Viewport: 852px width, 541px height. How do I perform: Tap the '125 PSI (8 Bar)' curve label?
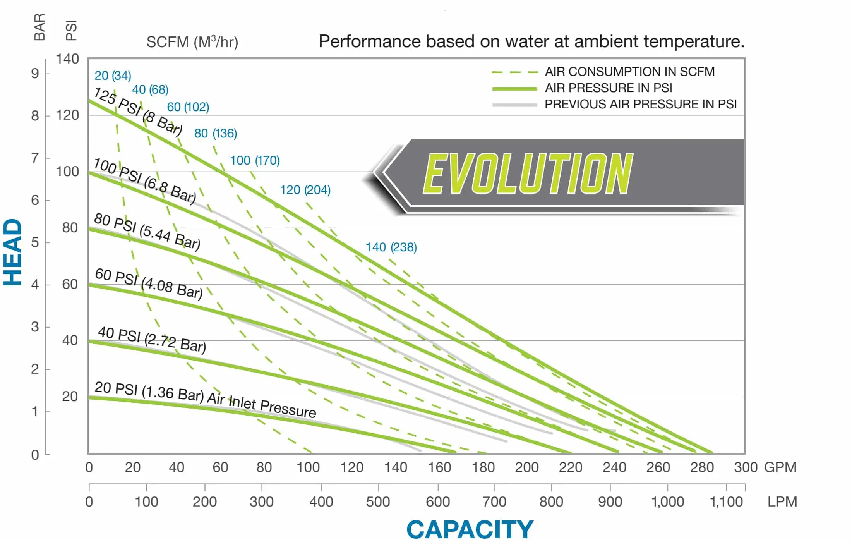tap(138, 112)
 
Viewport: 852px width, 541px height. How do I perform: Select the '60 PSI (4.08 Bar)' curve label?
tap(149, 284)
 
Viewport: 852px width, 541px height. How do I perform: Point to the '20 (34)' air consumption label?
tap(113, 76)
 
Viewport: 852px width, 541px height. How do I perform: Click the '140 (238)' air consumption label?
tap(391, 247)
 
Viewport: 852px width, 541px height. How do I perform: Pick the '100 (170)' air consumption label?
tap(255, 160)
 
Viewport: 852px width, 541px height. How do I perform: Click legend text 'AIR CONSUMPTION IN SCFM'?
tap(629, 72)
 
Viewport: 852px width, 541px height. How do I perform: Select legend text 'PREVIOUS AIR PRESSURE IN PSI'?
tap(640, 104)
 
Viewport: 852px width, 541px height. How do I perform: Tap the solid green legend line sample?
tap(514, 89)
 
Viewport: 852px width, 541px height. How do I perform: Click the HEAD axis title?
tap(13, 252)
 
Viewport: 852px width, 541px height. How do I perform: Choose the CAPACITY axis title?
tap(470, 529)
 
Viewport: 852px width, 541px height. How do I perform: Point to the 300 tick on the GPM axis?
tap(745, 467)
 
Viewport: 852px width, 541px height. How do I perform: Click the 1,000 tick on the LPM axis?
tap(667, 502)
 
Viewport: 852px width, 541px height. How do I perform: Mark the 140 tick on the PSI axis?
tap(67, 59)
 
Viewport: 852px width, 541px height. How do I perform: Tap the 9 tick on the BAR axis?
tap(35, 73)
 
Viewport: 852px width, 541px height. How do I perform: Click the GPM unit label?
tap(780, 467)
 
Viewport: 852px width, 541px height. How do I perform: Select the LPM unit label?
tap(782, 502)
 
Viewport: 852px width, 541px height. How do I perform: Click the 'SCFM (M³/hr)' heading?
tap(192, 42)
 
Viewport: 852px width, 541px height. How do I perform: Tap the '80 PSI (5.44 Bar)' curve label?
tap(147, 231)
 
